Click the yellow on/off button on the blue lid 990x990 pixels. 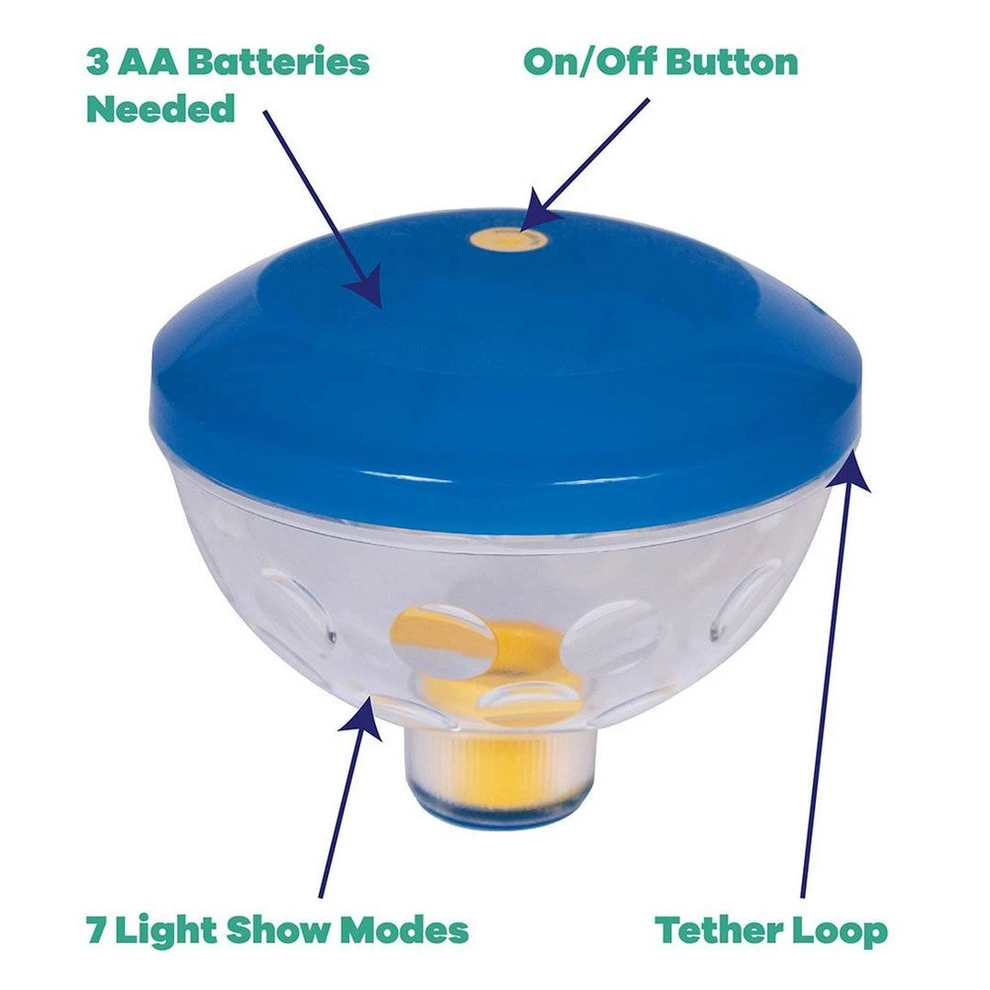click(x=508, y=240)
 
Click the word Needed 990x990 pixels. click(x=160, y=108)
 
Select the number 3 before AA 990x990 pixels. click(x=97, y=62)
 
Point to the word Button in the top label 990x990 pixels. click(x=731, y=62)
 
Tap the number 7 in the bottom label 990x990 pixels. click(x=96, y=930)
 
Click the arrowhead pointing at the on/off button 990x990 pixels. click(x=539, y=212)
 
